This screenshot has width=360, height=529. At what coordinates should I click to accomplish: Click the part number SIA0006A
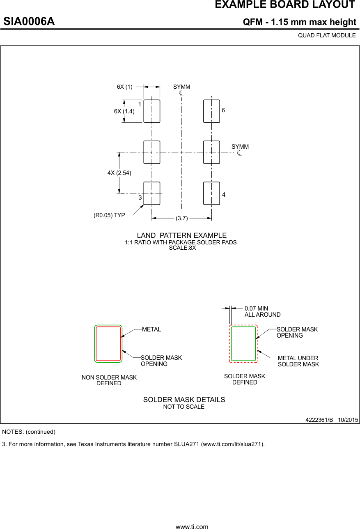(x=29, y=21)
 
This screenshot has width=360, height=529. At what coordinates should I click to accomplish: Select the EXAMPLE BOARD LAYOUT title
(x=285, y=5)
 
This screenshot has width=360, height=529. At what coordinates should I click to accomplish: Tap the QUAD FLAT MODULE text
(x=327, y=35)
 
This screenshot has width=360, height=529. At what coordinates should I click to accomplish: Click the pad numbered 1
(x=151, y=111)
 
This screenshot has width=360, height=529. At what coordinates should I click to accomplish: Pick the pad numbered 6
(x=211, y=111)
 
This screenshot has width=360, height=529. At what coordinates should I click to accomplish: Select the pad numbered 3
(x=151, y=193)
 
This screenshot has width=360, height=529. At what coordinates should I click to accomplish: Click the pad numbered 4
(x=211, y=193)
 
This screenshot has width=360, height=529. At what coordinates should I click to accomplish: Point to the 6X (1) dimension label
(x=125, y=87)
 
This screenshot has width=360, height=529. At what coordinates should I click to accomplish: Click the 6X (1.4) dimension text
(x=124, y=111)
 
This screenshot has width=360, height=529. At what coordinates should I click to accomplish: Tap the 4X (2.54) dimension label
(x=119, y=173)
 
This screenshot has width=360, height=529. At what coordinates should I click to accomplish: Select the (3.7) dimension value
(x=181, y=218)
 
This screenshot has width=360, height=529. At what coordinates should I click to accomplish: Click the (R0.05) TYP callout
(x=109, y=215)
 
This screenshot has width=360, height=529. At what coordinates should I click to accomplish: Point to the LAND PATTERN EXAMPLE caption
(x=181, y=235)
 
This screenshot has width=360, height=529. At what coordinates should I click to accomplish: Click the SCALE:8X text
(x=182, y=248)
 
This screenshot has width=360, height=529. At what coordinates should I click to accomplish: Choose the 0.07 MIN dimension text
(x=256, y=308)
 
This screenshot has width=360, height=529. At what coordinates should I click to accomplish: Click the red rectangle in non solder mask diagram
(x=108, y=344)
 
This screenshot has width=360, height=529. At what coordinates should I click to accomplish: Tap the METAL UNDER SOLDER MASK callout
(x=298, y=361)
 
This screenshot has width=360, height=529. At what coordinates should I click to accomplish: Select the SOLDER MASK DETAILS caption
(x=184, y=400)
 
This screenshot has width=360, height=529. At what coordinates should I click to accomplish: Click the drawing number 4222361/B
(x=319, y=420)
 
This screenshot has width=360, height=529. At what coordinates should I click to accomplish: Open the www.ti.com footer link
(x=192, y=526)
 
